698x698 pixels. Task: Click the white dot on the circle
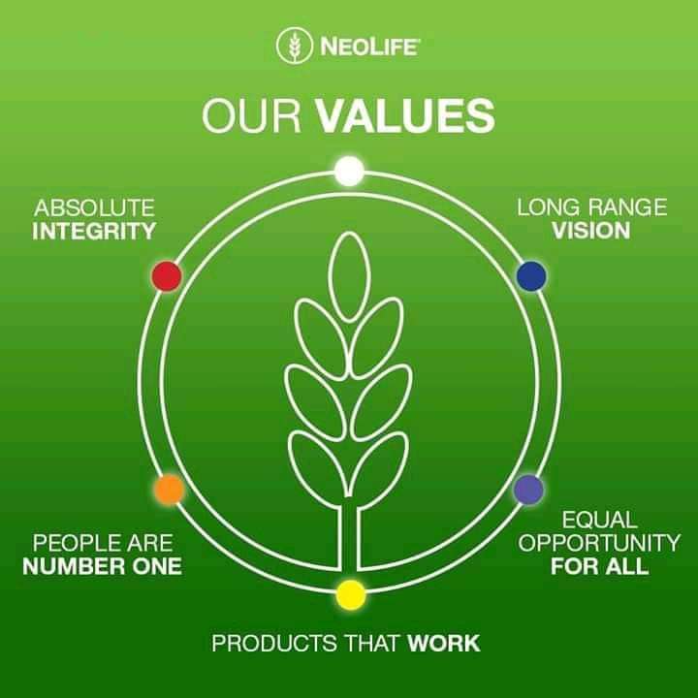[x=349, y=172]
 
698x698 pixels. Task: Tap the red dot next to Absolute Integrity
[x=167, y=276]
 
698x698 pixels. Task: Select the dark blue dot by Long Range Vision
[x=531, y=276]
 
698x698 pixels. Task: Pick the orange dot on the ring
[x=169, y=490]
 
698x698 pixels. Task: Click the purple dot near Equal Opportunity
[x=528, y=490]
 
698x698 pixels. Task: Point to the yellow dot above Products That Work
[x=350, y=594]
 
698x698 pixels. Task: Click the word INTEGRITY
[x=94, y=231]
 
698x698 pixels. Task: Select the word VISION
[x=590, y=231]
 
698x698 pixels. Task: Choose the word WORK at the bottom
[x=444, y=643]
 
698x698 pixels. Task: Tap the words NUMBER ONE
[x=102, y=565]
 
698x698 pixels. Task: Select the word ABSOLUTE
[x=94, y=207]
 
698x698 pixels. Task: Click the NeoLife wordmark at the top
[x=367, y=46]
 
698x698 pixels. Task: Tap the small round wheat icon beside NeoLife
[x=294, y=46]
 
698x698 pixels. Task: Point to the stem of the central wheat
[x=349, y=543]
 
